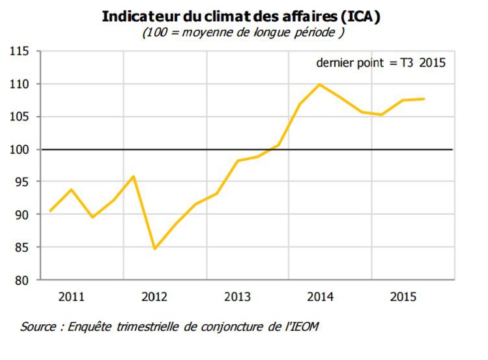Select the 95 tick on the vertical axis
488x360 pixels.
pos(23,182)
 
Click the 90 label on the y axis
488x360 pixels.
pos(23,215)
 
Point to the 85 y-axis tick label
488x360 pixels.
pos(23,248)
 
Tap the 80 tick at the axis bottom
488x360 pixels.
pos(23,281)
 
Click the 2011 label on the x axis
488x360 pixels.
pos(72,297)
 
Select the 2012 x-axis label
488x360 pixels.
pos(154,297)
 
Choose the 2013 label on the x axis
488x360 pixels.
pos(237,297)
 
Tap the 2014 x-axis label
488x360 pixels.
pos(320,297)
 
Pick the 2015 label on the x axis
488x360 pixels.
pos(403,297)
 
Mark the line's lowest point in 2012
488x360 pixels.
pos(155,249)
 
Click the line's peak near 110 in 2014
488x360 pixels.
pos(320,85)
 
